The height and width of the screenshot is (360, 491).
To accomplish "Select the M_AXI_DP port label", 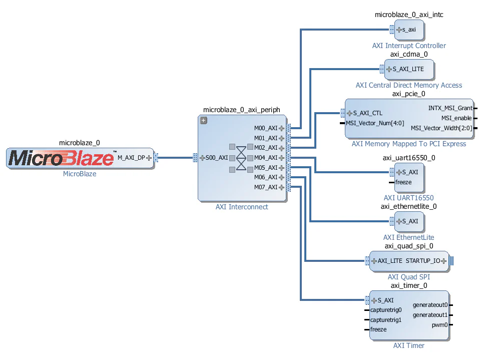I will [131, 158].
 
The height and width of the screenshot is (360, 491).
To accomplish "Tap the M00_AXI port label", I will [265, 128].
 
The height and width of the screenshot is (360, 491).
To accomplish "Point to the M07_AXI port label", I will [265, 187].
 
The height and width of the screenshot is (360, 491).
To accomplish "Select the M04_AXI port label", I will [265, 158].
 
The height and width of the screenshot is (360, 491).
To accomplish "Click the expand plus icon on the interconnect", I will [203, 120].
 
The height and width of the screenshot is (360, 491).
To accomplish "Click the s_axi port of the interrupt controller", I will [409, 30].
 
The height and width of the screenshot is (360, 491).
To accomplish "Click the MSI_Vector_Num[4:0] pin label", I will [375, 123].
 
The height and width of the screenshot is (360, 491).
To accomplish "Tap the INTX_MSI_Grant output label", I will [450, 108].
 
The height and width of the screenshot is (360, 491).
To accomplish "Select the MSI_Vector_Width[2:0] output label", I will [441, 128].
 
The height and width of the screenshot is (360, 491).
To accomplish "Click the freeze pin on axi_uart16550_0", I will [403, 182].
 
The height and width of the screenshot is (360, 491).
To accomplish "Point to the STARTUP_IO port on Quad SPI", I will [422, 261].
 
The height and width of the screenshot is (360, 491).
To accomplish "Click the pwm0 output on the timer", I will [439, 325].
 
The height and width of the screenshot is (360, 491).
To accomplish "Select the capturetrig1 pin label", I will [386, 320].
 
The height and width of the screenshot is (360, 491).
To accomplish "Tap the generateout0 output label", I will [430, 305].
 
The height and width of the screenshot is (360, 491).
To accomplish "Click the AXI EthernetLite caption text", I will [408, 237].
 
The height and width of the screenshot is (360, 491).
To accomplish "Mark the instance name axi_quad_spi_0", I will [408, 246].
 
